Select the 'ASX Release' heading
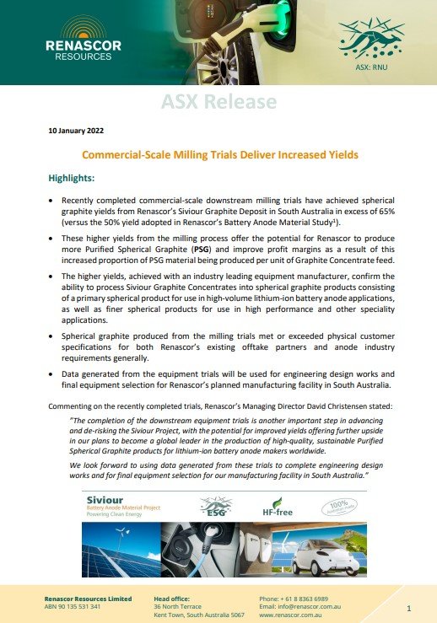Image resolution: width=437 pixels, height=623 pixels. (218, 102)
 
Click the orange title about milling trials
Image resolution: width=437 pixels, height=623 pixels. (218, 155)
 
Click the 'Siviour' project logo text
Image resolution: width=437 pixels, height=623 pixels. (105, 500)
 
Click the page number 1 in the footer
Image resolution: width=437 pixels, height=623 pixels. (408, 607)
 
